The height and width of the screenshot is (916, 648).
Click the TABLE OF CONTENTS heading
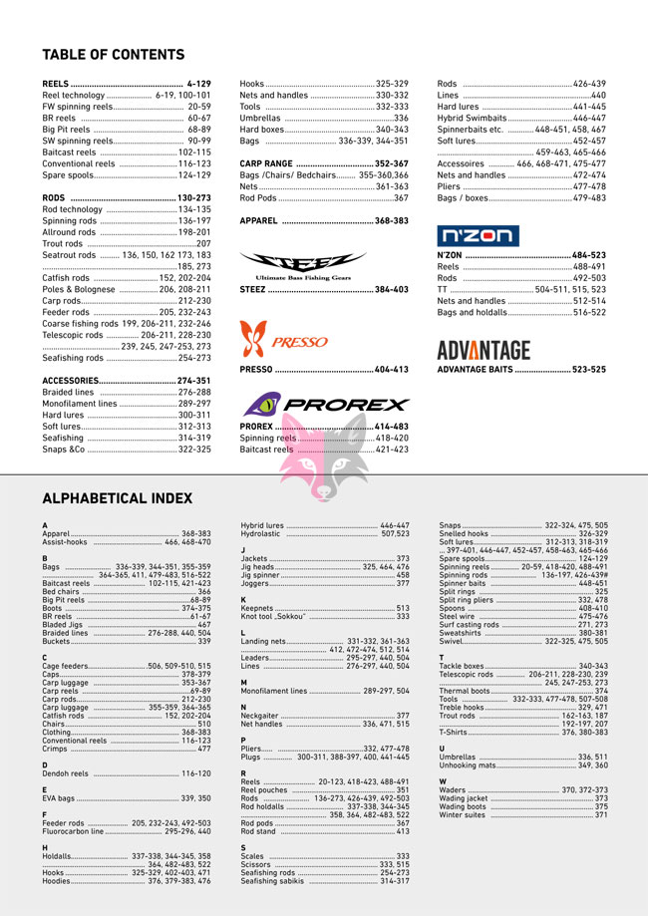(x=113, y=55)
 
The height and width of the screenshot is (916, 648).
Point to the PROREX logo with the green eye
(x=324, y=405)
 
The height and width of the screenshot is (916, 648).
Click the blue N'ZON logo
(x=479, y=236)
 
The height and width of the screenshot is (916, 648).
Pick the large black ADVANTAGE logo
(x=484, y=350)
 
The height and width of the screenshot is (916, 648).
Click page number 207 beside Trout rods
(x=203, y=243)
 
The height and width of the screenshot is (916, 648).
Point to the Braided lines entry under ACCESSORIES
(x=69, y=393)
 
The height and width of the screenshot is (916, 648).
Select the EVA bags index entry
(x=60, y=798)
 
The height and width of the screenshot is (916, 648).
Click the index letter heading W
(x=443, y=781)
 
